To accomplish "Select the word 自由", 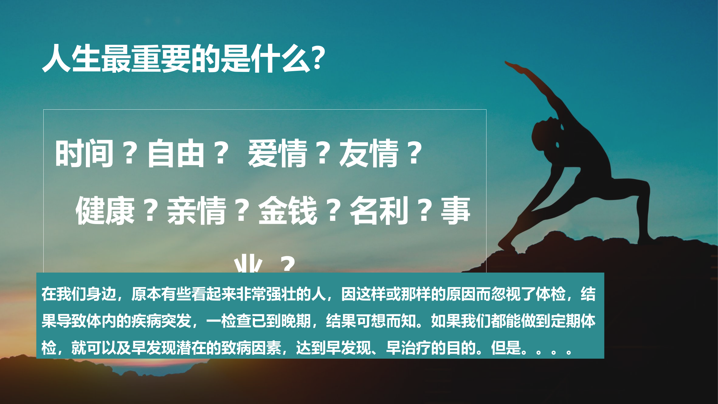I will [176, 153].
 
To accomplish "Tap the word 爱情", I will [277, 153].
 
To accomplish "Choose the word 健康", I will [105, 211].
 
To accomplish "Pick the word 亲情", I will [197, 211].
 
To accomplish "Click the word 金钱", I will [288, 211].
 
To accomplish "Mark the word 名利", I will [379, 211].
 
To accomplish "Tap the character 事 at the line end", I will [456, 211].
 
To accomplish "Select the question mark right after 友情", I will [415, 153].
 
